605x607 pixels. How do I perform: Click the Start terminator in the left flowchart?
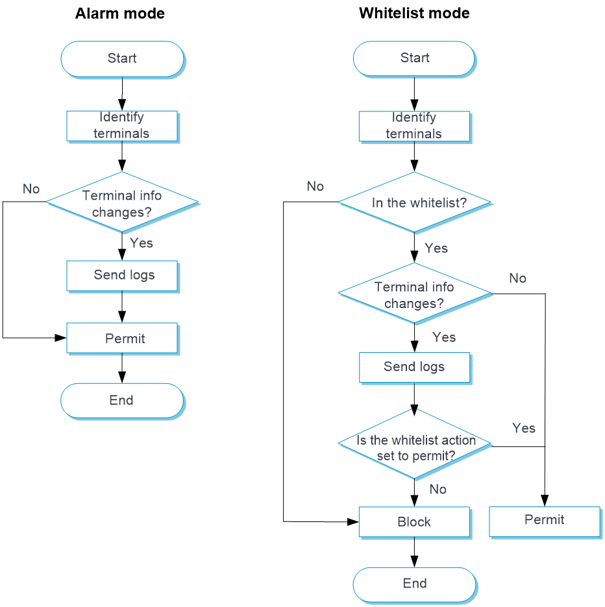pos(122,59)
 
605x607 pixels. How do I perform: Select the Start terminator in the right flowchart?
pos(414,59)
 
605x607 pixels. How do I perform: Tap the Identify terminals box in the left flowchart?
pos(122,126)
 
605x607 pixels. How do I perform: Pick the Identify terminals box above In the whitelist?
pos(414,126)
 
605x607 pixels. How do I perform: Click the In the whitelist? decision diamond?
pos(415,203)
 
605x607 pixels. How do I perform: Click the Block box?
pos(414,522)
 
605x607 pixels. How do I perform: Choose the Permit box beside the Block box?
pos(544,521)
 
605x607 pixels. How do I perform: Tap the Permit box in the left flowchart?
pos(122,339)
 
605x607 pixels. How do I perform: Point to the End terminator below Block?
pos(414,584)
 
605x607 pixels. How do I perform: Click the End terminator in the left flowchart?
pos(122,401)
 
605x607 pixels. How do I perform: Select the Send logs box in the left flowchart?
pos(122,276)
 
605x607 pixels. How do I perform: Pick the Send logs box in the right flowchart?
pos(414,368)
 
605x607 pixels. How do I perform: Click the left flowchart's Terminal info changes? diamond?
pos(122,203)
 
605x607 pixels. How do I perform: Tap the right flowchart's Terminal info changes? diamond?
pos(414,294)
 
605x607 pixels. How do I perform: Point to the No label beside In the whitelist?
pos(315,187)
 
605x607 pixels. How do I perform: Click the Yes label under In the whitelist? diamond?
pos(436,248)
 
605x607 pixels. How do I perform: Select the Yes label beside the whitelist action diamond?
pos(524,429)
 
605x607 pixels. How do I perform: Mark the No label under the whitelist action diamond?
pos(438,490)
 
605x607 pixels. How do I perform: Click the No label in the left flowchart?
pos(31,189)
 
